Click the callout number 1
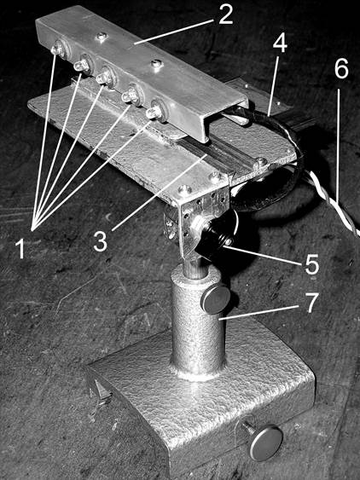20,248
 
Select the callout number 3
101,241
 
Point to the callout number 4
280,42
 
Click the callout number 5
312,264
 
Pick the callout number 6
341,68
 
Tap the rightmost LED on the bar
154,112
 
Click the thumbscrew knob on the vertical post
215,299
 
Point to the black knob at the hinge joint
214,239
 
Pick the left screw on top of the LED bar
102,37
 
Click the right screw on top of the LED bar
157,64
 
